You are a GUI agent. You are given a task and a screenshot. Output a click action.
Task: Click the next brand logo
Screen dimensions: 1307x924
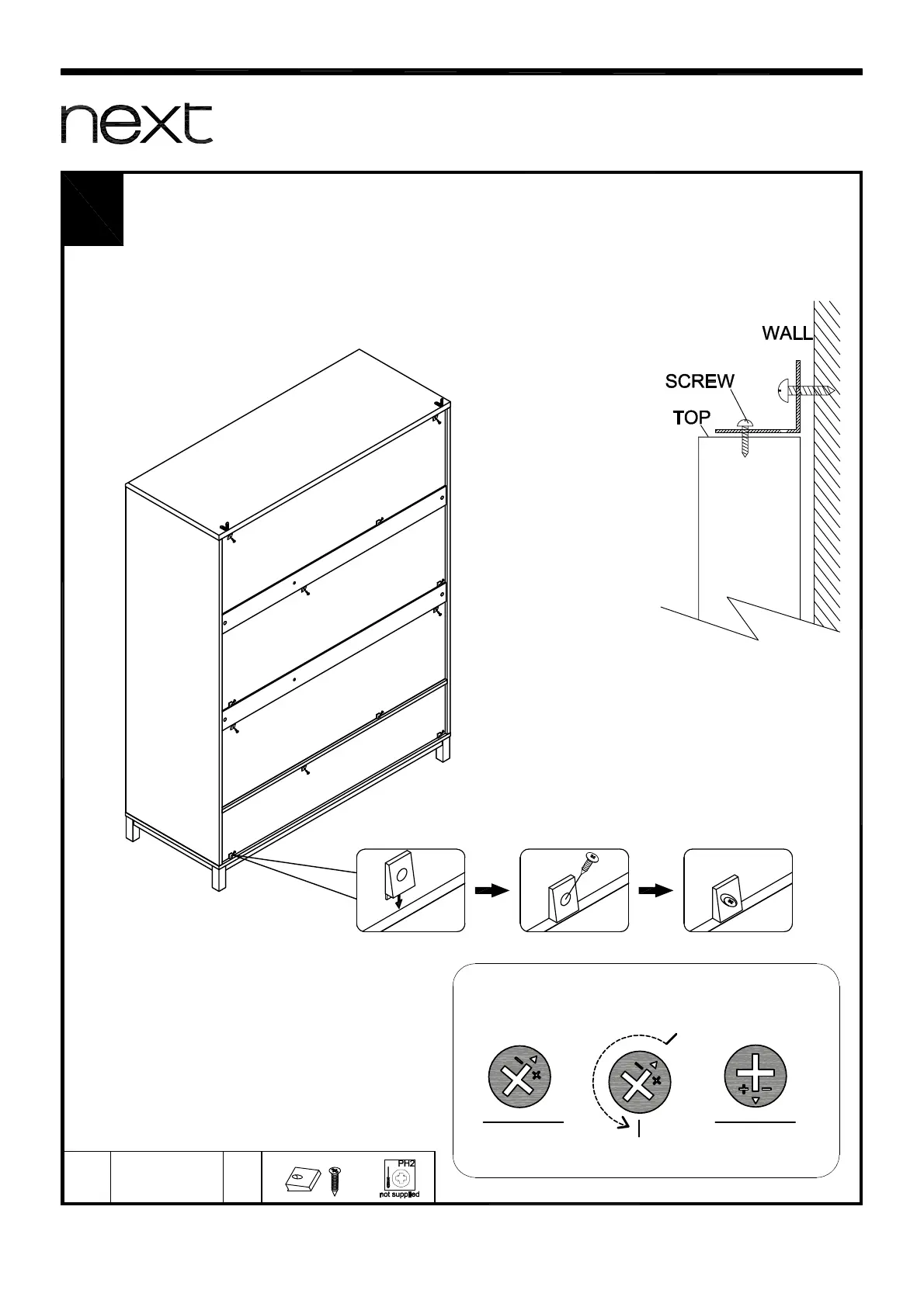click(137, 124)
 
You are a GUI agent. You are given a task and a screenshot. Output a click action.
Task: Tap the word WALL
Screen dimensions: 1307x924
click(787, 334)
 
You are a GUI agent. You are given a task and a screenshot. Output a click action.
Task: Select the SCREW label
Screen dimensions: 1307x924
click(699, 381)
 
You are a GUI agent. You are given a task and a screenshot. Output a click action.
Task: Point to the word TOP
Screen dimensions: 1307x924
click(691, 418)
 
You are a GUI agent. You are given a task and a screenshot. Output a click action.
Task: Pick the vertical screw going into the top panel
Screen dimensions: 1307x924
click(744, 438)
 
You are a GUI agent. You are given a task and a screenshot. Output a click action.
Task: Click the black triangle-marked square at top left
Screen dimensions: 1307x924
click(93, 210)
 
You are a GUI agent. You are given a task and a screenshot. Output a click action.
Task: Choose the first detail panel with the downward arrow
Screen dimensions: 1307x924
click(410, 890)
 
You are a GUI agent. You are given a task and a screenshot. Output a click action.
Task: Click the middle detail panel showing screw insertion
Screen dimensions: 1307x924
click(574, 890)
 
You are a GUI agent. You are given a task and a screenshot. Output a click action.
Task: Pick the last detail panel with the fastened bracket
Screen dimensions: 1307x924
click(738, 890)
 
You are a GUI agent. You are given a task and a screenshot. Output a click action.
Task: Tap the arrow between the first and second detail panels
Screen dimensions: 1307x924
click(491, 891)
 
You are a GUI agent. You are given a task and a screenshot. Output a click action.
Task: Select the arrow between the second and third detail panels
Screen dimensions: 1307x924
click(655, 891)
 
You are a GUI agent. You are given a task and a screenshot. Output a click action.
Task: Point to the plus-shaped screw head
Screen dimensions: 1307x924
click(755, 1077)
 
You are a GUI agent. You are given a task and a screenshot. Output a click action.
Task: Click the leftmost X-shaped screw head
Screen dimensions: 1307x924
click(519, 1077)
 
